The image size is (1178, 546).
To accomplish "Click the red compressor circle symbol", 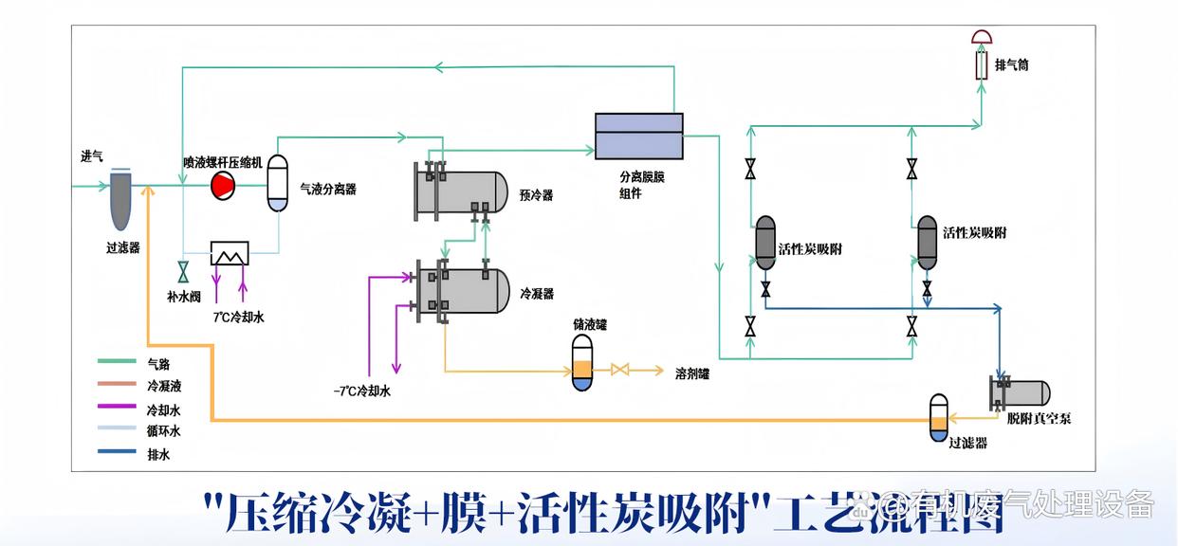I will [x=222, y=186].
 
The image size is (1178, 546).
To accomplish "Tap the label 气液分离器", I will [x=328, y=190].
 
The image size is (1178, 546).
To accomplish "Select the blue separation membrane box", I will [x=638, y=135].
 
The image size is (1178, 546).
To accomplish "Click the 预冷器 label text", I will [x=536, y=195].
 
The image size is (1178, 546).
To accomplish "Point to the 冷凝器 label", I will [x=537, y=295].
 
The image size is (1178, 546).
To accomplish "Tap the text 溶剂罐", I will [x=691, y=373].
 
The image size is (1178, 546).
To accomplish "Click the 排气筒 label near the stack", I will [x=1012, y=65].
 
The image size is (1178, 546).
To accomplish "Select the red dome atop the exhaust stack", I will [x=984, y=38].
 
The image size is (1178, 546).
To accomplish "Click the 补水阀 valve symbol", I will [x=182, y=270].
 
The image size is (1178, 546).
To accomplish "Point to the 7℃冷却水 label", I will [x=239, y=318].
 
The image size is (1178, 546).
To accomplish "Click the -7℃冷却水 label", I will [x=361, y=391].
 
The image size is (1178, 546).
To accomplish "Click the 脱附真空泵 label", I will [x=1039, y=418].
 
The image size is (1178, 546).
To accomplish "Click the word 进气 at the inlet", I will [x=92, y=157].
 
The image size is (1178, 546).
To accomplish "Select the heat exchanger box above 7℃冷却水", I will [x=230, y=253].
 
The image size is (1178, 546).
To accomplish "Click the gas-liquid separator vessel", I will [x=277, y=182].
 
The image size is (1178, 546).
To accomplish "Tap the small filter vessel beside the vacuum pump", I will [x=938, y=418].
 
